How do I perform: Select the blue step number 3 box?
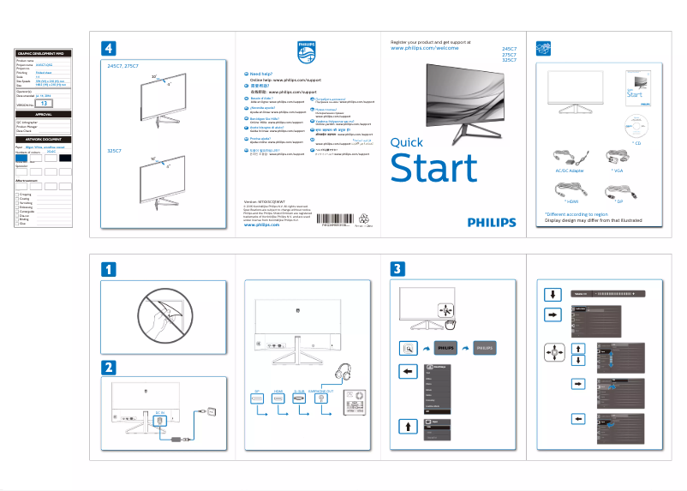(397, 268)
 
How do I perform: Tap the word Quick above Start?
(406, 142)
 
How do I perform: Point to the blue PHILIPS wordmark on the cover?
(492, 221)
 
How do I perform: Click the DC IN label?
(160, 413)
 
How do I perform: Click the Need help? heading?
(262, 75)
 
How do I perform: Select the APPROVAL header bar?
(44, 114)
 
